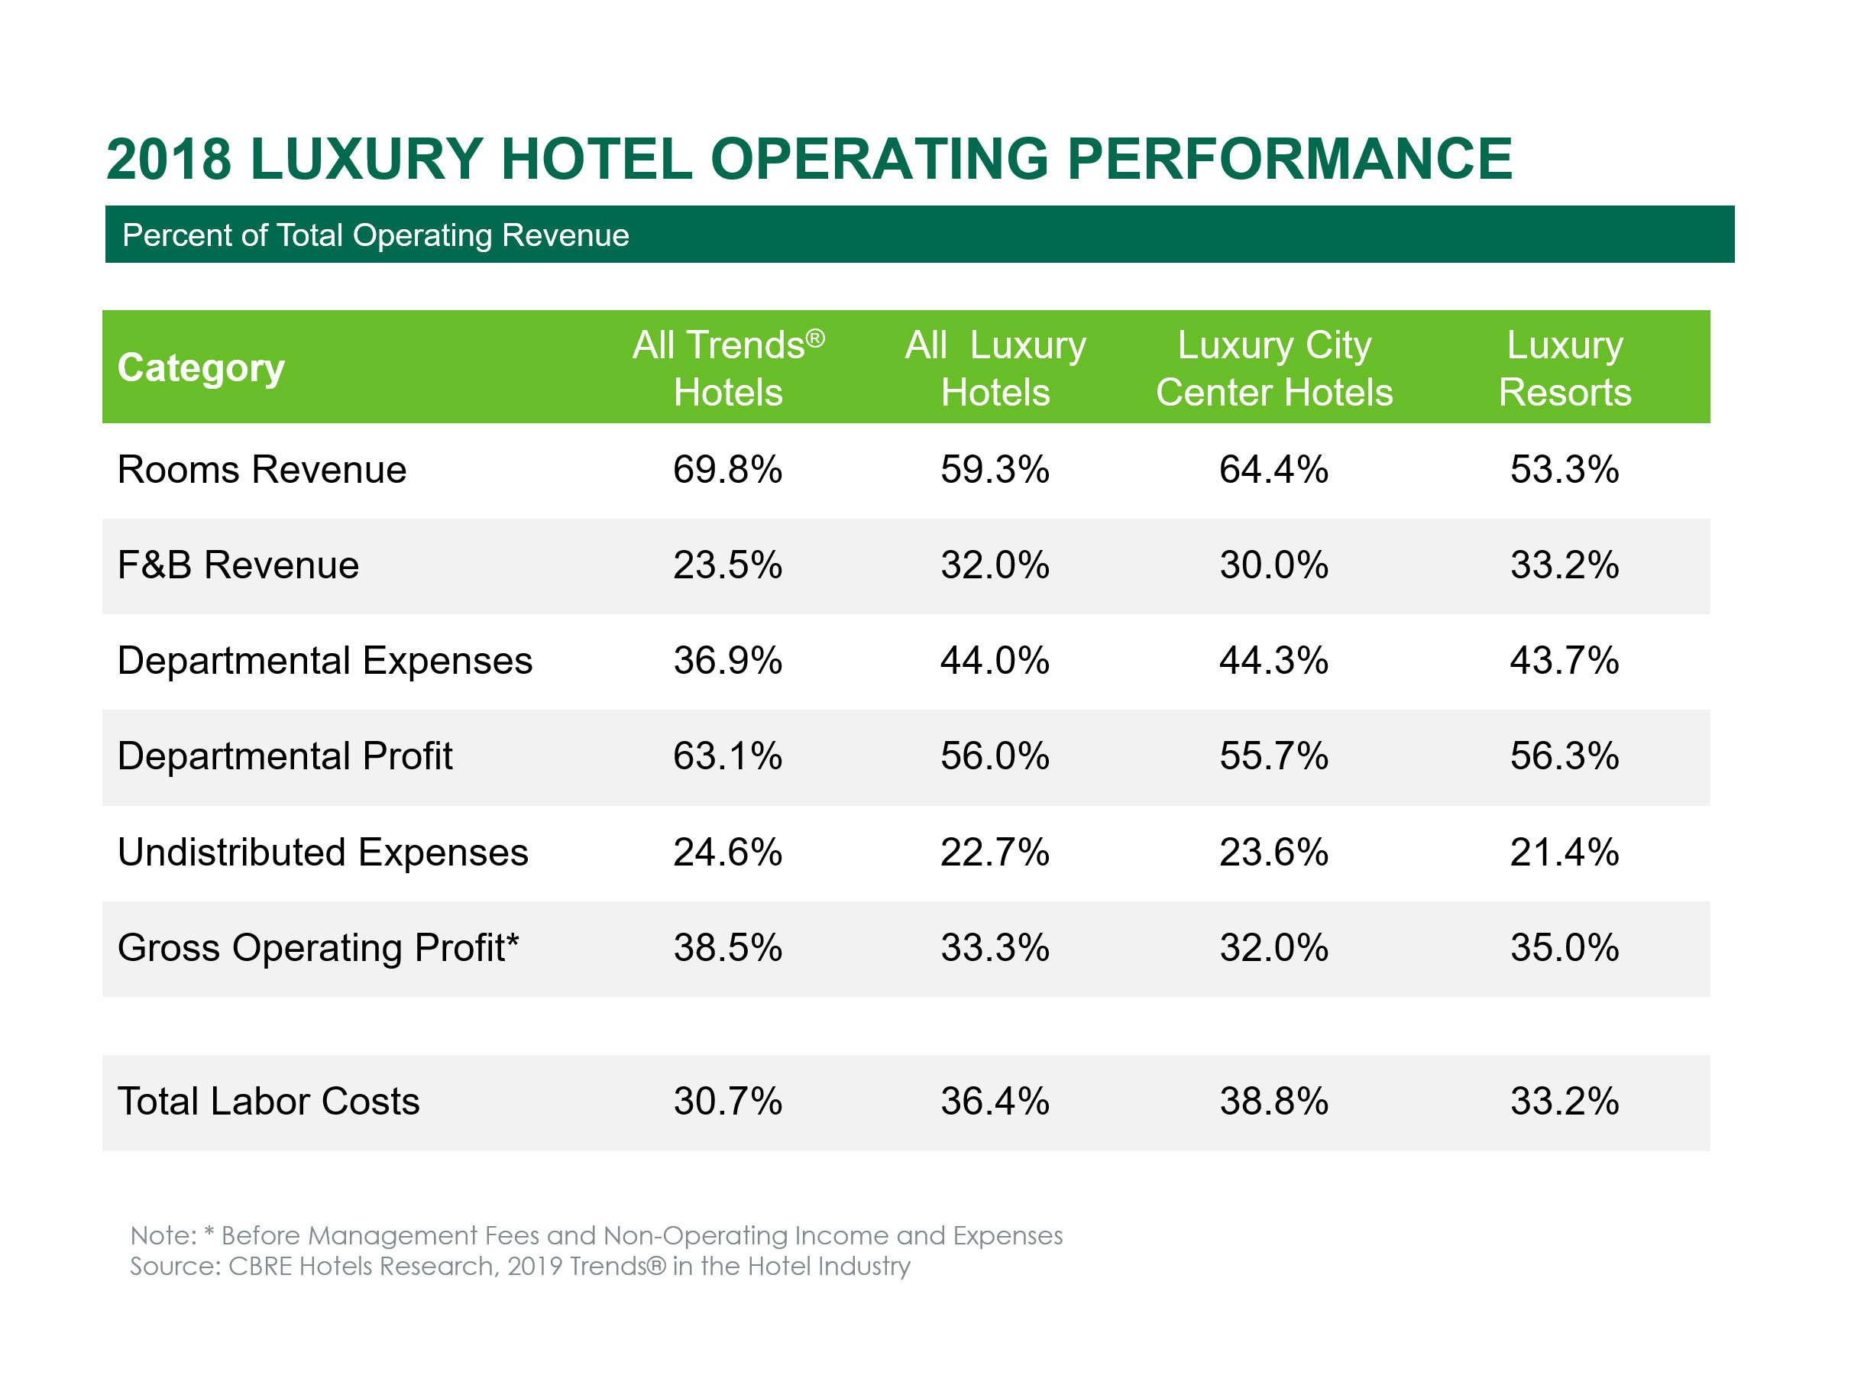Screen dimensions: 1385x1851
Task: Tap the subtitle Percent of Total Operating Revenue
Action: tap(375, 235)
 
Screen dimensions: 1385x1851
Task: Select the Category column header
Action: tap(201, 367)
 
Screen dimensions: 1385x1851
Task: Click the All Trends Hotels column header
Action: tap(728, 368)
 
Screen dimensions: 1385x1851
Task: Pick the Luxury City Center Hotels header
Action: tap(1273, 368)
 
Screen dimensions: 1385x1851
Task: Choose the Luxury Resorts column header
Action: tap(1564, 368)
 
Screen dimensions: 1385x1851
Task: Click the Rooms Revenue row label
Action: tap(262, 470)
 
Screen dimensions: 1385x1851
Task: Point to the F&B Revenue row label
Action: tap(238, 565)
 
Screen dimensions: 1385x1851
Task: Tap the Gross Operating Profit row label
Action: tap(318, 948)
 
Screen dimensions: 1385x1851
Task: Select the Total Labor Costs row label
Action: tap(268, 1102)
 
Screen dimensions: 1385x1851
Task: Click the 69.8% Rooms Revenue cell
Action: tap(727, 470)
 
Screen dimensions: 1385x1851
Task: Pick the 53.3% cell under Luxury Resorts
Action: tap(1564, 470)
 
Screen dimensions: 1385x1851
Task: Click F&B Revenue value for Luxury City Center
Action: tap(1273, 565)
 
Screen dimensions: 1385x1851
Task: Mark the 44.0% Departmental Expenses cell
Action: tap(995, 660)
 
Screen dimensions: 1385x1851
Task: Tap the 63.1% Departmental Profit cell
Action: tap(727, 756)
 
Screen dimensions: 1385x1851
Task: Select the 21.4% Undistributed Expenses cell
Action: tap(1564, 853)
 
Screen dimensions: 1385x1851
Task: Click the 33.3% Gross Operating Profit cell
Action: tap(995, 948)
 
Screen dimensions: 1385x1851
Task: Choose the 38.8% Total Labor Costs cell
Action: tap(1273, 1102)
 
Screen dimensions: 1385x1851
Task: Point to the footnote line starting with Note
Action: tap(596, 1235)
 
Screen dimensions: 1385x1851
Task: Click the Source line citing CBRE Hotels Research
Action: tap(519, 1266)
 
